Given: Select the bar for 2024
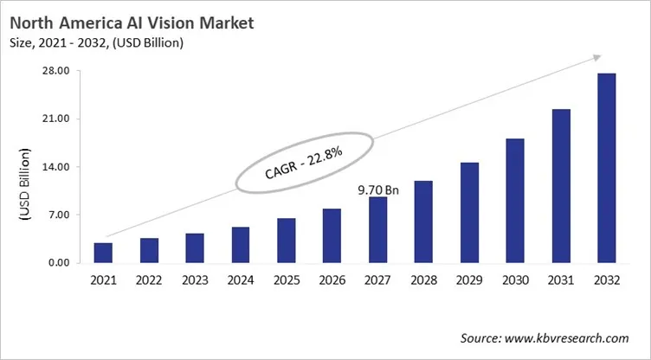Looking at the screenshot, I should [x=241, y=245].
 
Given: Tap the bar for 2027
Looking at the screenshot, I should [x=377, y=230].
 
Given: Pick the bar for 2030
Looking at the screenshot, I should [x=515, y=201].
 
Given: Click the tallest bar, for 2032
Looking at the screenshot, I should [x=607, y=168].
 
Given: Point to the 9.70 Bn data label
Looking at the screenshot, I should [x=378, y=188].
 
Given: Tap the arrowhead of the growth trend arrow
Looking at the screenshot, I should [x=596, y=57].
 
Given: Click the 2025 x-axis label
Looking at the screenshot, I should [x=287, y=280].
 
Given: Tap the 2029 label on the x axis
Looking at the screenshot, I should [x=469, y=280].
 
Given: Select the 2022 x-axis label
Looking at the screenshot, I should [x=149, y=280].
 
